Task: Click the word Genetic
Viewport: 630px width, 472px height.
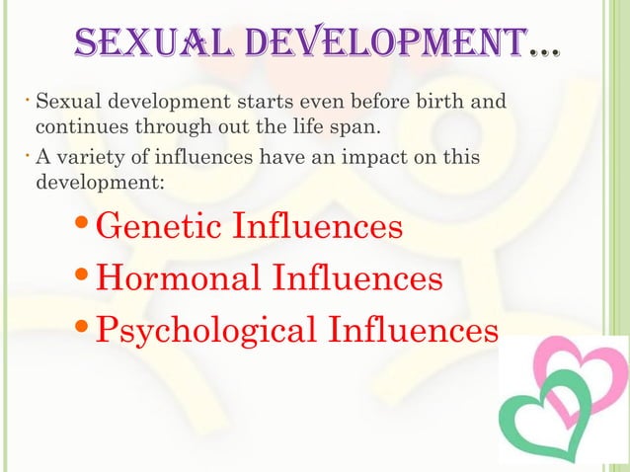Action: pyautogui.click(x=162, y=227)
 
